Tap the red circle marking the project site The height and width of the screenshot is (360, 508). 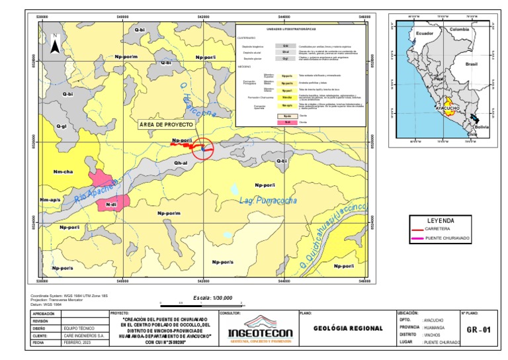[x=203, y=148]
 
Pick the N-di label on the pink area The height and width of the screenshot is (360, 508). [x=111, y=206]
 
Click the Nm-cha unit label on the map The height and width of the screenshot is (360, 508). [x=63, y=171]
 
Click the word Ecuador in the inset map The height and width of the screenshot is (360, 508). [x=424, y=33]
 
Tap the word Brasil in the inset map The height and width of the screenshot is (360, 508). [x=472, y=64]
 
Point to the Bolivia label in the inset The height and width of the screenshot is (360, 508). [x=481, y=126]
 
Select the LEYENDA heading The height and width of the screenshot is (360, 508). [x=440, y=220]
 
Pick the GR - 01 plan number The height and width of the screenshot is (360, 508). [x=479, y=329]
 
